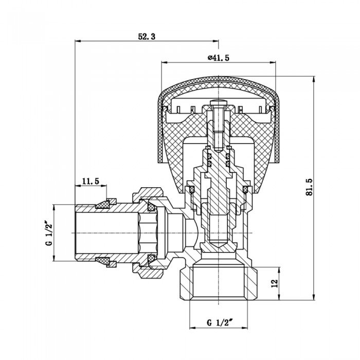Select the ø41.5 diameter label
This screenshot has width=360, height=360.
[x=218, y=58]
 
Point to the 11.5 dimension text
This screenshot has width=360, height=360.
[x=90, y=182]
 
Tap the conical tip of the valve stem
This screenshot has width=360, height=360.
[x=218, y=246]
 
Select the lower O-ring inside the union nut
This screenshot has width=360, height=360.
[x=152, y=258]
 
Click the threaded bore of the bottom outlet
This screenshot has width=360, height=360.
[x=218, y=283]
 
